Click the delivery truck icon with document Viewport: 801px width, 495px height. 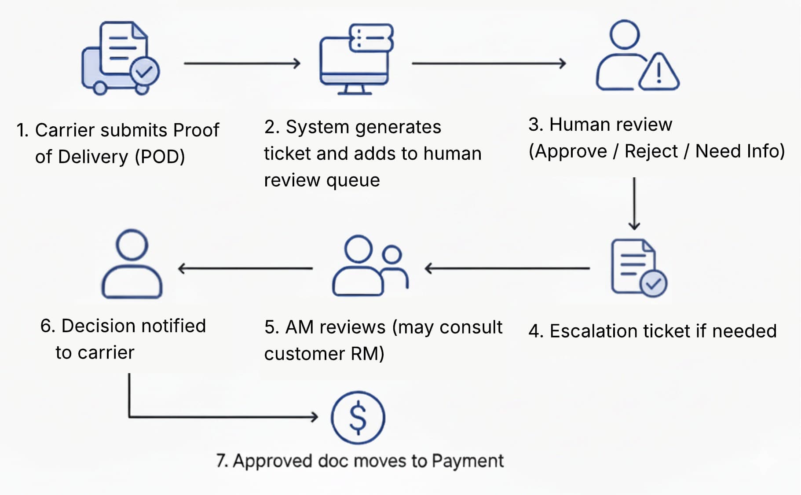[x=120, y=58]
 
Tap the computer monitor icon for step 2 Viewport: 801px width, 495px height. [x=355, y=59]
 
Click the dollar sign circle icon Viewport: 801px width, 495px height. [x=358, y=418]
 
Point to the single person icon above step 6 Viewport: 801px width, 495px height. [x=132, y=264]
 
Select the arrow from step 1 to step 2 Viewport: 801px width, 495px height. [x=241, y=64]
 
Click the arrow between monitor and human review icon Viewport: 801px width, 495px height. [x=488, y=64]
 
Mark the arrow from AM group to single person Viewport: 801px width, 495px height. [x=245, y=268]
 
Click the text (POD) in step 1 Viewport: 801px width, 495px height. [x=160, y=157]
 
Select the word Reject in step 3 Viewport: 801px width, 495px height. [x=651, y=151]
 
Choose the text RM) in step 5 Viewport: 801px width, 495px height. [x=367, y=354]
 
